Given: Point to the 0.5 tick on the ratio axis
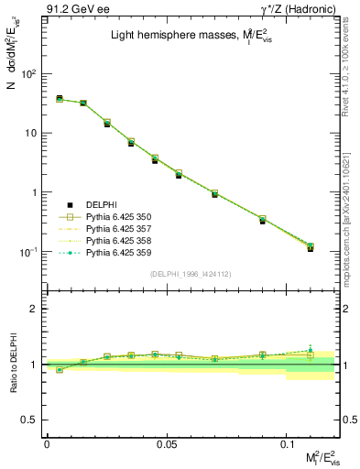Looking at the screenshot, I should pos(34,420).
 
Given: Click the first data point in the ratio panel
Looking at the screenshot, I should pos(60,370).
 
